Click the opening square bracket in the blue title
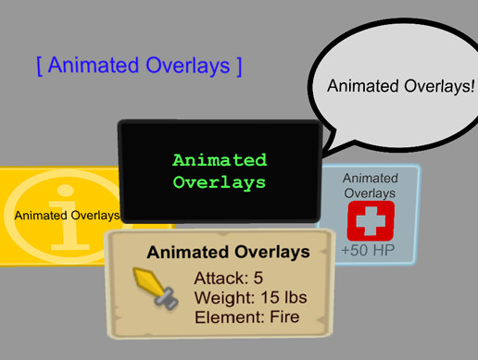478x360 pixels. click(40, 66)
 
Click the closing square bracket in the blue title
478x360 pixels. click(239, 66)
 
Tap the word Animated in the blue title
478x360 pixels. click(94, 65)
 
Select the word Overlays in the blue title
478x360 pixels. click(188, 66)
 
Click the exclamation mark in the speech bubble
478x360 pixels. click(472, 86)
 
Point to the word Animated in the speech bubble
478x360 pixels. click(363, 86)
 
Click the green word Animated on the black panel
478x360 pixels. click(220, 160)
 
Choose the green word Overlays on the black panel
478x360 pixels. click(220, 182)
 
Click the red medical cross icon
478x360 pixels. click(371, 221)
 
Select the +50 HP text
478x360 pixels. click(368, 250)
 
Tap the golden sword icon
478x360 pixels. click(156, 288)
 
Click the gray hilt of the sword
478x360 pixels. click(167, 299)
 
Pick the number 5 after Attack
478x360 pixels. click(258, 278)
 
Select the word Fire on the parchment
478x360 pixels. click(284, 317)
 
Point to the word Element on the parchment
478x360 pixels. click(230, 317)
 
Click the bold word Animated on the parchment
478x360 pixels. click(187, 252)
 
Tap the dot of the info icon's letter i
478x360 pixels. click(66, 191)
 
